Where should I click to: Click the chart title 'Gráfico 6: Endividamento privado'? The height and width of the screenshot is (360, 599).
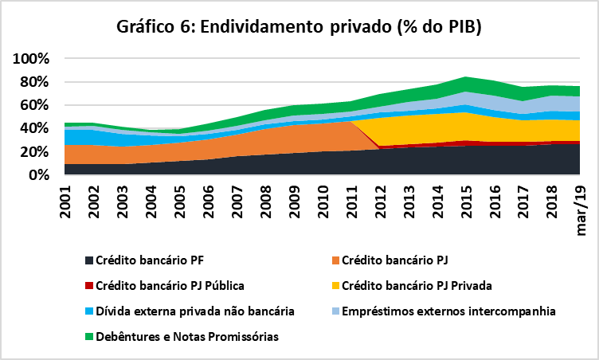click(299, 27)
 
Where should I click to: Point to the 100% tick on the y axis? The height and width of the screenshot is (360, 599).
click(31, 60)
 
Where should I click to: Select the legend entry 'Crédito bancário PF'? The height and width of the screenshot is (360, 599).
click(148, 260)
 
